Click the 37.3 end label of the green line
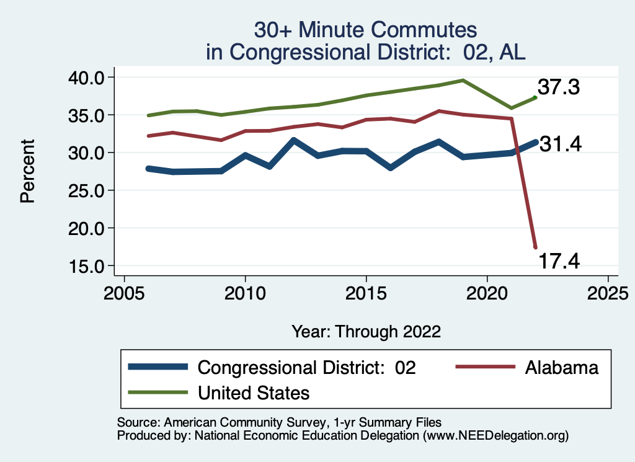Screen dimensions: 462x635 click(x=558, y=87)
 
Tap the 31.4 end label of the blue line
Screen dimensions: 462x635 click(x=559, y=144)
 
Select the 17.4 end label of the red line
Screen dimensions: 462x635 click(x=558, y=261)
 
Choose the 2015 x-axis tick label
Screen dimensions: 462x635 click(x=366, y=291)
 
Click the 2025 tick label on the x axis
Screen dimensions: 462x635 click(x=608, y=291)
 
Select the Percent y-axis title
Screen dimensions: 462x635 click(x=27, y=171)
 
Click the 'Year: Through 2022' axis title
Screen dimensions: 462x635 click(x=366, y=332)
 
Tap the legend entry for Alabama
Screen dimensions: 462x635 click(x=562, y=367)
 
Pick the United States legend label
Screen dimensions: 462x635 click(x=253, y=393)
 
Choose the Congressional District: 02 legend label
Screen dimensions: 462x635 click(x=306, y=367)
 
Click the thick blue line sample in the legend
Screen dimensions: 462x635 click(x=158, y=367)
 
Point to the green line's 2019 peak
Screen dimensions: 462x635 click(x=463, y=80)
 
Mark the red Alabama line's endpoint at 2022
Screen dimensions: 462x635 click(x=535, y=247)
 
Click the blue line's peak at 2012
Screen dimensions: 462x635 click(x=293, y=140)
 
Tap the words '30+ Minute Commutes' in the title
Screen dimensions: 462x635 click(x=366, y=30)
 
